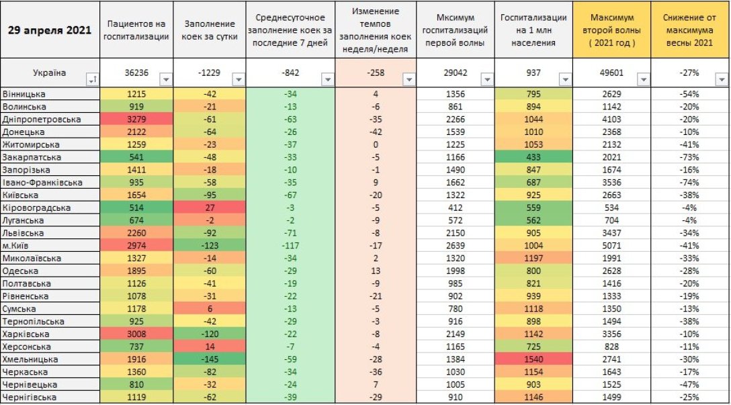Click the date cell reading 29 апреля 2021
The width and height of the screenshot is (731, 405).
click(49, 30)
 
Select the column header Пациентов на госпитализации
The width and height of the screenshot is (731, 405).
click(137, 30)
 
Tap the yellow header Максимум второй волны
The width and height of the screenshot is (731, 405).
click(611, 30)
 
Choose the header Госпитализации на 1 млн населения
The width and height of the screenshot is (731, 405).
click(536, 30)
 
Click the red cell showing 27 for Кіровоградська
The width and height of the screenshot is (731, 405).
click(209, 208)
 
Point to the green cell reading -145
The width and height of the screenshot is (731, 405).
click(209, 360)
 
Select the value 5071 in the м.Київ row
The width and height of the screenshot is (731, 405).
click(611, 246)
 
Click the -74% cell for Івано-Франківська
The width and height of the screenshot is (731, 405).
click(689, 183)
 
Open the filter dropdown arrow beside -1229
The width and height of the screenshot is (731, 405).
click(237, 79)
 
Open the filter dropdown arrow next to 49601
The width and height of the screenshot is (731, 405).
click(643, 79)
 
